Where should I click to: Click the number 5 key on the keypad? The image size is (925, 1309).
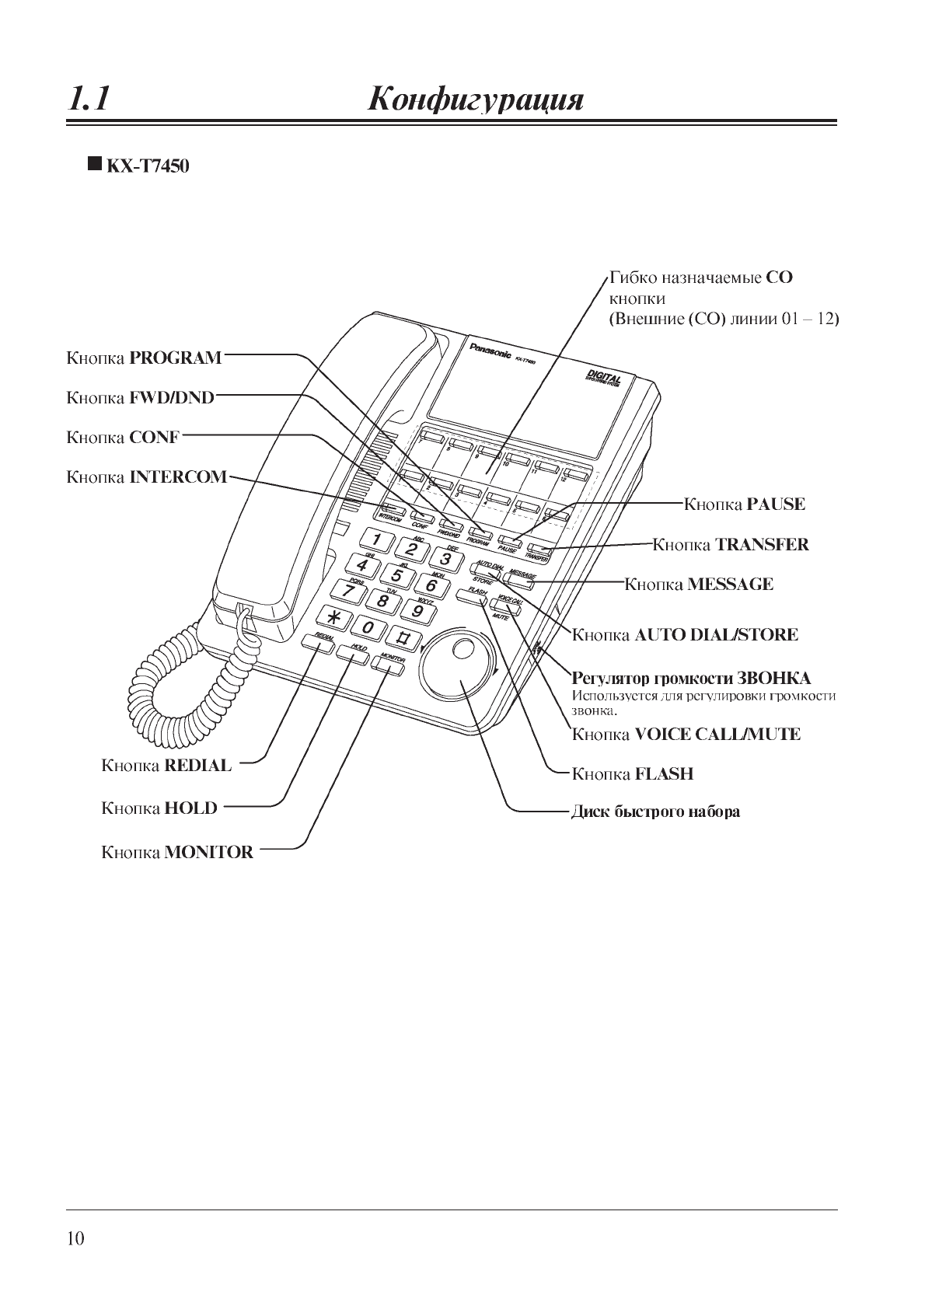pyautogui.click(x=396, y=575)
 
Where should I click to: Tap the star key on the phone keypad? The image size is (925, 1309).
pyautogui.click(x=334, y=618)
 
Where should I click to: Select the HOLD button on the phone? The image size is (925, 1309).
pyautogui.click(x=352, y=657)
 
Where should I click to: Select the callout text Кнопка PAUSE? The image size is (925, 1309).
pyautogui.click(x=744, y=504)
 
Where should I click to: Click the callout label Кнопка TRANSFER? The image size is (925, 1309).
pyautogui.click(x=731, y=544)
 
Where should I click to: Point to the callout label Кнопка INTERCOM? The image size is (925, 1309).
pyautogui.click(x=146, y=476)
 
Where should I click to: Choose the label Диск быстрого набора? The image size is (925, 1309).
pyautogui.click(x=655, y=812)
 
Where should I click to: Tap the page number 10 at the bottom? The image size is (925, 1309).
pyautogui.click(x=75, y=1238)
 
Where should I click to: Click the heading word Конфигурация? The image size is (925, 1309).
pyautogui.click(x=474, y=99)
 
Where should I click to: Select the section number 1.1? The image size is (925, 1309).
pyautogui.click(x=89, y=99)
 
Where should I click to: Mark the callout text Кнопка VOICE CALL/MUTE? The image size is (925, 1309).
pyautogui.click(x=686, y=734)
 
